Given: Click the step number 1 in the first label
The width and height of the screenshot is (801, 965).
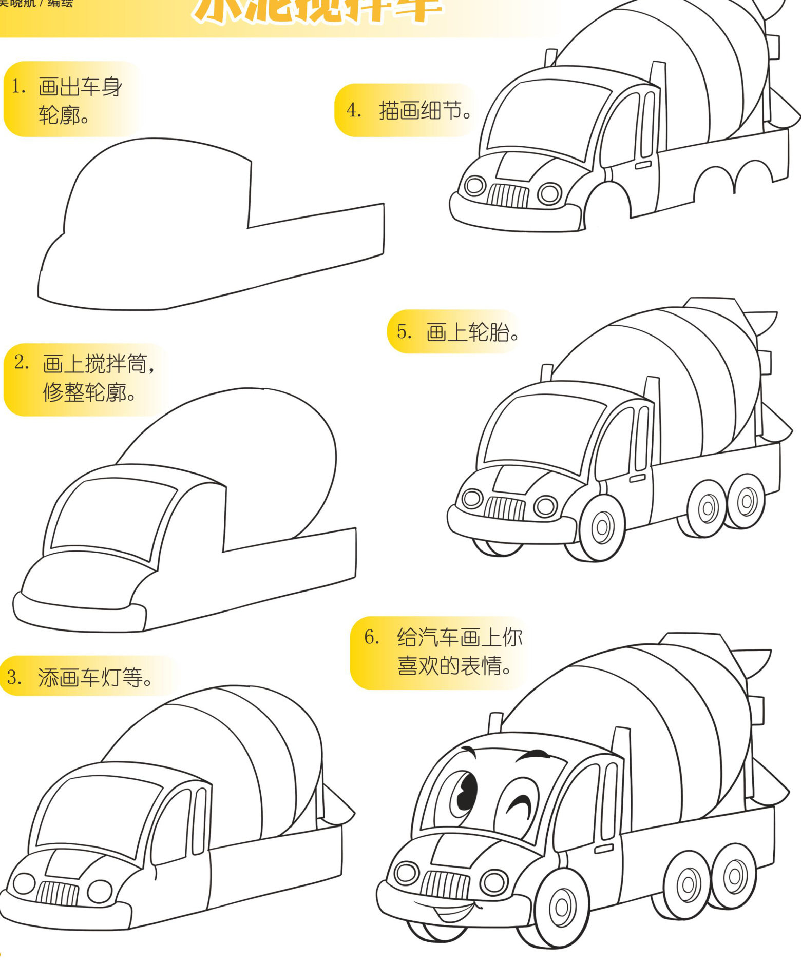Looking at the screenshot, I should tap(18, 87).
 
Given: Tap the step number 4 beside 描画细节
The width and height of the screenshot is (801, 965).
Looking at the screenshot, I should tap(353, 110).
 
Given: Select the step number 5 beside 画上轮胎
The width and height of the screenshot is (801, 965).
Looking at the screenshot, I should tap(404, 331).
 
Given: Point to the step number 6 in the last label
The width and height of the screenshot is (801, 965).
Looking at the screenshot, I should tap(371, 637).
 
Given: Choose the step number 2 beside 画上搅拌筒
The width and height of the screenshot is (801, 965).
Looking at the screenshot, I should tap(22, 362).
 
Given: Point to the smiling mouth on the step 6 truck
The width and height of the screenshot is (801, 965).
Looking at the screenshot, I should tap(451, 912).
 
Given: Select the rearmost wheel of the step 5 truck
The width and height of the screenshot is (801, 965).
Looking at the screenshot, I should tap(746, 501).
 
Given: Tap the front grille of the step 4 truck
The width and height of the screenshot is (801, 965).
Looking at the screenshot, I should tap(508, 195).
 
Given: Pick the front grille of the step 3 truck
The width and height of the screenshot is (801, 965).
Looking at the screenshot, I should tap(57, 893).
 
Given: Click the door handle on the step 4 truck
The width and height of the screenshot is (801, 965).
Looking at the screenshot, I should tap(643, 165).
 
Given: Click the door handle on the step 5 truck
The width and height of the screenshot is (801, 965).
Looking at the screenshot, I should tap(637, 478).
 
